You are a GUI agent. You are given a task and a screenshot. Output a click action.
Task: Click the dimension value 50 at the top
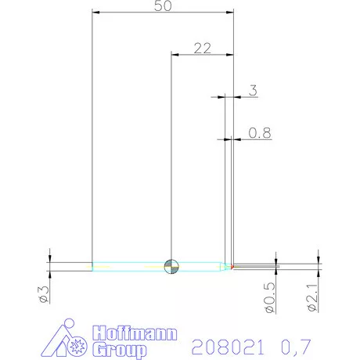[163, 5]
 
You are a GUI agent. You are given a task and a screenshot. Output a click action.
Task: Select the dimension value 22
[202, 48]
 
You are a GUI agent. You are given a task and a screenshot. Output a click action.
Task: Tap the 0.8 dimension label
[260, 133]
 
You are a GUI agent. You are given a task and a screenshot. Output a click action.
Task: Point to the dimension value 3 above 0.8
[252, 91]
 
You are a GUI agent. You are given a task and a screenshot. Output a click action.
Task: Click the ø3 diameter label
[44, 296]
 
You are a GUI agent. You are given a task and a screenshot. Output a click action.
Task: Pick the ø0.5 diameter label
[269, 298]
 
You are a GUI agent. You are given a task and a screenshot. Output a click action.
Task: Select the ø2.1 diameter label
[311, 298]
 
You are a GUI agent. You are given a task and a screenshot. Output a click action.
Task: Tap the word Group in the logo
[119, 349]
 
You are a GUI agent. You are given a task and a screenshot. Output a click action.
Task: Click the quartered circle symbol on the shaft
[171, 266]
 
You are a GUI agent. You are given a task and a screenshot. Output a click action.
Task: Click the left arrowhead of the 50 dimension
[95, 13]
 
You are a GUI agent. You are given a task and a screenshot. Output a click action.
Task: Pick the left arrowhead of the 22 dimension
[175, 55]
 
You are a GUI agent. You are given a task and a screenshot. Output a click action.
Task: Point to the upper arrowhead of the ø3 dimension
[50, 258]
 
